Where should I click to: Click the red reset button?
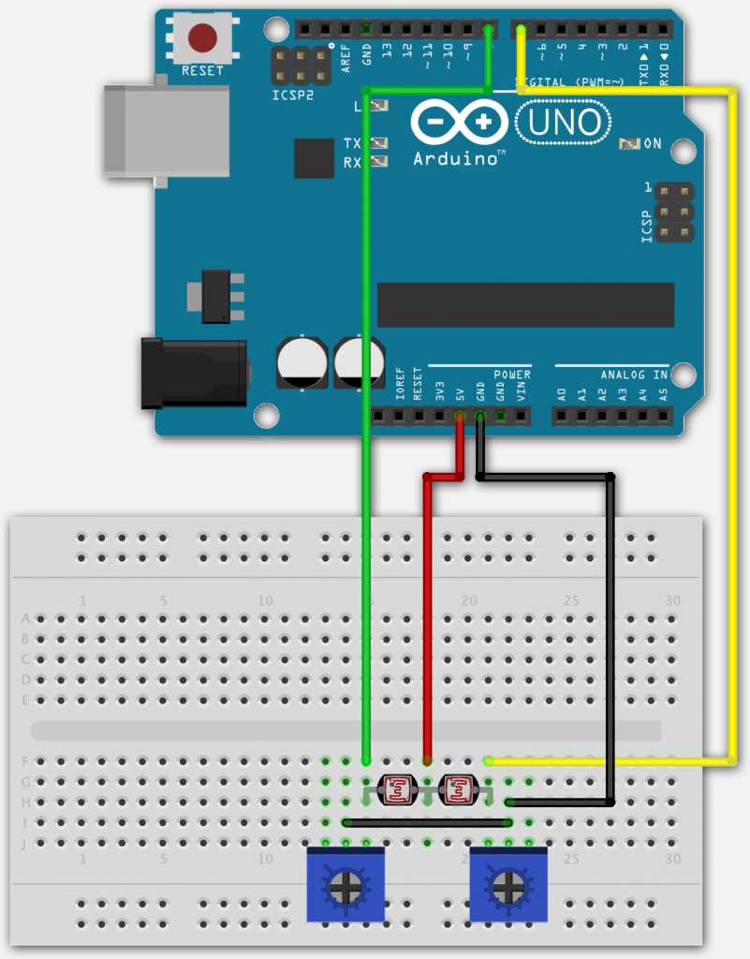[x=202, y=37]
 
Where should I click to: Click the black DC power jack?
[x=193, y=374]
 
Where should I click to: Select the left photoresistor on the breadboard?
[x=396, y=791]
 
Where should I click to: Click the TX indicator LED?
[x=378, y=143]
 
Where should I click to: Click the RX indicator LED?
[x=378, y=162]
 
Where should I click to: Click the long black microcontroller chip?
[x=524, y=304]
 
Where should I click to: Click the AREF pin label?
[x=346, y=58]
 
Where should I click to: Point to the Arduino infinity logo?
[x=459, y=123]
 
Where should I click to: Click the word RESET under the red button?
[x=202, y=71]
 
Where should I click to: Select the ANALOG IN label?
[x=634, y=375]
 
